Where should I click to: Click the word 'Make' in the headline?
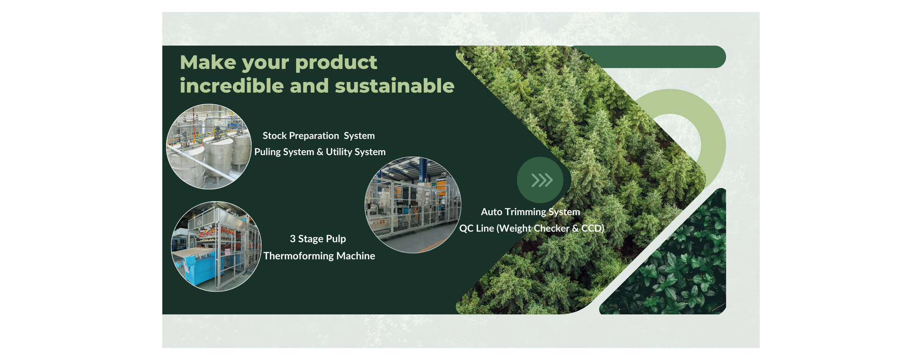coord(208,62)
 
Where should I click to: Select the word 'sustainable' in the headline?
coord(395,86)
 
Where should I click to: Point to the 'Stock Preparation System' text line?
coord(319,136)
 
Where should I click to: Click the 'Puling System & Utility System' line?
coord(320,152)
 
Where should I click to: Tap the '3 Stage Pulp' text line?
coord(318,239)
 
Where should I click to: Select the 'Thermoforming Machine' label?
coord(319,256)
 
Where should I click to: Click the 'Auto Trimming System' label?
coord(531,212)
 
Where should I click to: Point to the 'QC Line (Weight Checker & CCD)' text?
coord(532,228)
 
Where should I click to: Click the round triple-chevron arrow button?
coord(540,180)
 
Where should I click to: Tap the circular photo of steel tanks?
coord(209,146)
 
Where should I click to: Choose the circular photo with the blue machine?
coord(216,246)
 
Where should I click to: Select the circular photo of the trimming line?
coord(413,205)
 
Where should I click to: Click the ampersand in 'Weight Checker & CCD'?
coord(575,228)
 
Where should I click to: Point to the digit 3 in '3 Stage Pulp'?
coord(293,239)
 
